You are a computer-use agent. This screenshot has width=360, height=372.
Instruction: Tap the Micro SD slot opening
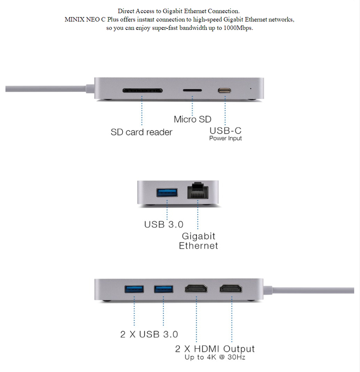coord(192,91)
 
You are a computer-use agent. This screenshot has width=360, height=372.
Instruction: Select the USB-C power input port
coord(225,91)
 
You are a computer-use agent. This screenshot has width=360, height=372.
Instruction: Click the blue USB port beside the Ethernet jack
coord(167,192)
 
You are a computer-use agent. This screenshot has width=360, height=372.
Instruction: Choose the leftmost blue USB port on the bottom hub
coord(134,289)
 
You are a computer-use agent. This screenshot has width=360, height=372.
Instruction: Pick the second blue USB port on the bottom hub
coord(163,289)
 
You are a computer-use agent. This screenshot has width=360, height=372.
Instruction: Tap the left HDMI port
coord(196,289)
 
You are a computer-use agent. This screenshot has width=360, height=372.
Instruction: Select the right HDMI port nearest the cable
coord(231,289)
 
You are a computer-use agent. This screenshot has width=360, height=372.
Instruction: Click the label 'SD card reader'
coord(141,132)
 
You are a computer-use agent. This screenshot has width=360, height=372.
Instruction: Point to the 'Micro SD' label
coord(192,119)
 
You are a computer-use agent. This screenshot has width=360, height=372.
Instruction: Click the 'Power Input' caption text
coord(225,138)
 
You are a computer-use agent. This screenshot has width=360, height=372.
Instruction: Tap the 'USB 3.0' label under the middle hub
coord(163,225)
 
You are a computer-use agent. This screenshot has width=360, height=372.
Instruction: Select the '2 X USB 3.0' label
coord(149,335)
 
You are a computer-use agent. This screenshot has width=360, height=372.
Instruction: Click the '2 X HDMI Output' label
coord(215,349)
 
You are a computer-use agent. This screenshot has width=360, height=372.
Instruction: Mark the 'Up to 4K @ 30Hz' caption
coord(215,357)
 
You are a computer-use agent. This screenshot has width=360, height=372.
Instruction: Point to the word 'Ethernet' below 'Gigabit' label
coord(198,246)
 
